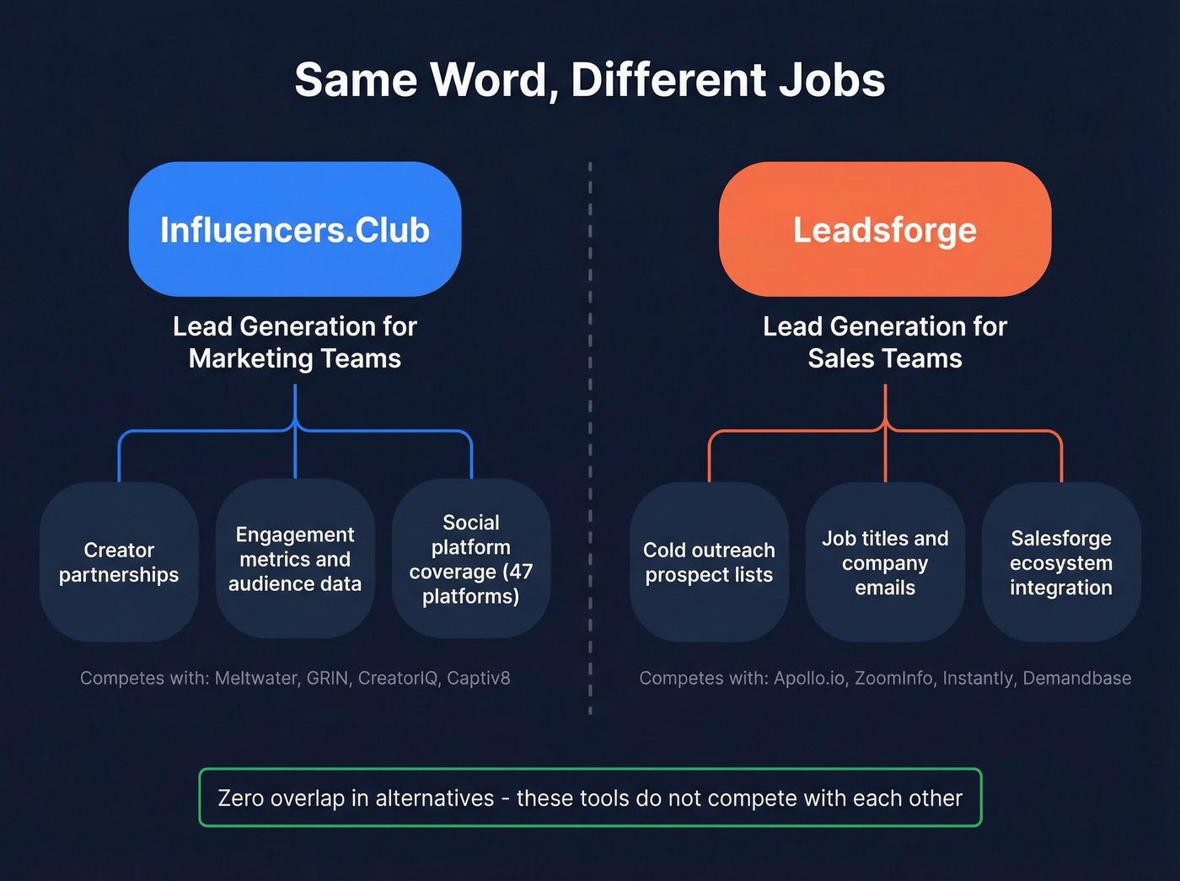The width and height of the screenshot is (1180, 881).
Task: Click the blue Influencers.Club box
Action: [x=295, y=229]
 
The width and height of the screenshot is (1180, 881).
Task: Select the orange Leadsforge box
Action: [x=885, y=229]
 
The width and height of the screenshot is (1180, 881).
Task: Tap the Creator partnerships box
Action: [x=119, y=562]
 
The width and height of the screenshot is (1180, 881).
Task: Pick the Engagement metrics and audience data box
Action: [x=295, y=559]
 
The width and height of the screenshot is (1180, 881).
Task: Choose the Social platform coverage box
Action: [x=471, y=559]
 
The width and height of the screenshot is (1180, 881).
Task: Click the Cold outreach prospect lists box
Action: [x=709, y=562]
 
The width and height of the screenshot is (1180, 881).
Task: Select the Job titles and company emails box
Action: [x=885, y=562]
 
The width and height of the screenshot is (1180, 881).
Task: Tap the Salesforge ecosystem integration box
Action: [x=1061, y=562]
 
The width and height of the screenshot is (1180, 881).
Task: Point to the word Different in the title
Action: [x=668, y=80]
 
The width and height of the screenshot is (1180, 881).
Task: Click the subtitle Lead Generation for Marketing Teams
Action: [x=295, y=342]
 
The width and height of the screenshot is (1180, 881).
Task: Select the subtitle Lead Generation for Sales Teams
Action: [x=885, y=342]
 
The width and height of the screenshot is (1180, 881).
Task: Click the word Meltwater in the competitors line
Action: [x=256, y=678]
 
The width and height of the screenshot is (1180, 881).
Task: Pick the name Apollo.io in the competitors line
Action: [x=810, y=678]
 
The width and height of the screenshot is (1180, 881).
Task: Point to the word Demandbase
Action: [x=1076, y=678]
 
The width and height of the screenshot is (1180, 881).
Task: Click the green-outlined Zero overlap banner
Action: [x=590, y=798]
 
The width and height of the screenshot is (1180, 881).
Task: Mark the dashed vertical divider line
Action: [x=590, y=438]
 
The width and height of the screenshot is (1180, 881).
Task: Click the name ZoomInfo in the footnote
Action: [x=893, y=678]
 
